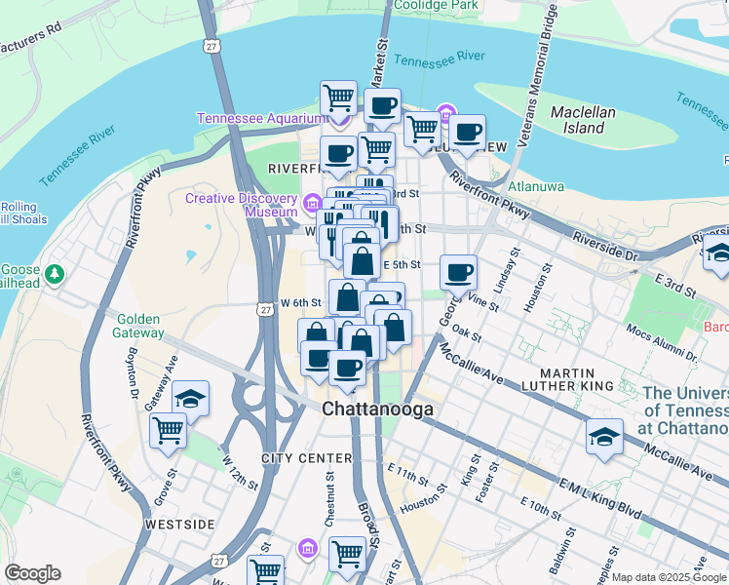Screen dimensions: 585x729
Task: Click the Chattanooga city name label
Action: tap(378, 410)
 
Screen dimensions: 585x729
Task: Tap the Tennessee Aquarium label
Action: tap(259, 118)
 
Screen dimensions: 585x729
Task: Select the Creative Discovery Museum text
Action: tap(242, 205)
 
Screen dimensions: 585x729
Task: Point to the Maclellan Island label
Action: tap(583, 120)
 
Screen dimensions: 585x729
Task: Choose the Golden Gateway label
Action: tap(140, 326)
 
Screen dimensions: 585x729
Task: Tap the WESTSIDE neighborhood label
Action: tap(179, 525)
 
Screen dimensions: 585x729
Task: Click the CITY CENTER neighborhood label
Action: tap(306, 458)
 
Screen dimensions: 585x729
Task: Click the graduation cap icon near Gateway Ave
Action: tap(190, 399)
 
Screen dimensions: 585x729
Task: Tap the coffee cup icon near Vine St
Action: tap(458, 272)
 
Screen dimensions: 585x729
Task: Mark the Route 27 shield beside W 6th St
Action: tap(266, 308)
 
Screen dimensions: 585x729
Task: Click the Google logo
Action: tap(32, 573)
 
